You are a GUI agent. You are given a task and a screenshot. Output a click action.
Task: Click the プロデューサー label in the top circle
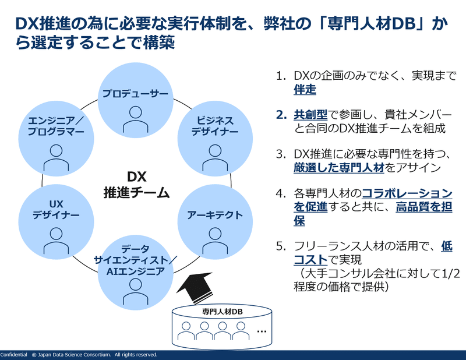tap(135, 94)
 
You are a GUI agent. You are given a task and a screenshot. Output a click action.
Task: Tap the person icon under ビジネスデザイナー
tap(215, 158)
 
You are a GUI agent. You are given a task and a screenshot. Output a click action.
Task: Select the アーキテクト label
tap(215, 215)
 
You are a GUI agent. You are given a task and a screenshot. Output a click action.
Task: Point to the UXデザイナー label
tap(56, 209)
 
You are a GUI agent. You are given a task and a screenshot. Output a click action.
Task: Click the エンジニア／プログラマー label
tap(56, 126)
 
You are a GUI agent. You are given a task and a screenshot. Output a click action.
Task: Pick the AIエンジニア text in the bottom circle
tap(136, 271)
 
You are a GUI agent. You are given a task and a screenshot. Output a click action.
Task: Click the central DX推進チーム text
tap(136, 185)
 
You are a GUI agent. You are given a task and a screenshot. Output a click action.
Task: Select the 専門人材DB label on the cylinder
tap(222, 312)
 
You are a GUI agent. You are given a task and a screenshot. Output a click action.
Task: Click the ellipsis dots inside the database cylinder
tap(262, 331)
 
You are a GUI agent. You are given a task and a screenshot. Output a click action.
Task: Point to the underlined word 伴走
tap(305, 90)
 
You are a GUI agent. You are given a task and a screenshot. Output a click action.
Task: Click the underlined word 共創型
tap(310, 115)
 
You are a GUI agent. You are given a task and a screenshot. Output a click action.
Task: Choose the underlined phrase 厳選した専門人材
tap(339, 168)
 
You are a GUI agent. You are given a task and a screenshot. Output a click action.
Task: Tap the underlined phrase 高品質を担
tap(424, 207)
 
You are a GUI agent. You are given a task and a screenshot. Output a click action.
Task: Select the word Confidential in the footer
tap(13, 355)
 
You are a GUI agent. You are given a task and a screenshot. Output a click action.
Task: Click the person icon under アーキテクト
tap(215, 241)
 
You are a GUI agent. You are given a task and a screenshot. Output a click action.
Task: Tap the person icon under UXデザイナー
tap(56, 241)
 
